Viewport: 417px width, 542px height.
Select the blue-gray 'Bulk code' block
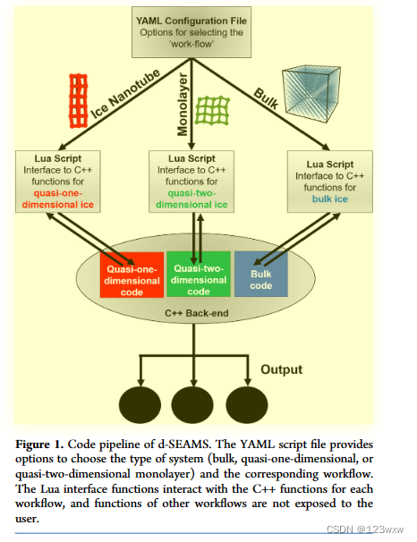[260, 275]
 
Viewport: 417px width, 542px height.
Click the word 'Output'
[282, 369]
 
